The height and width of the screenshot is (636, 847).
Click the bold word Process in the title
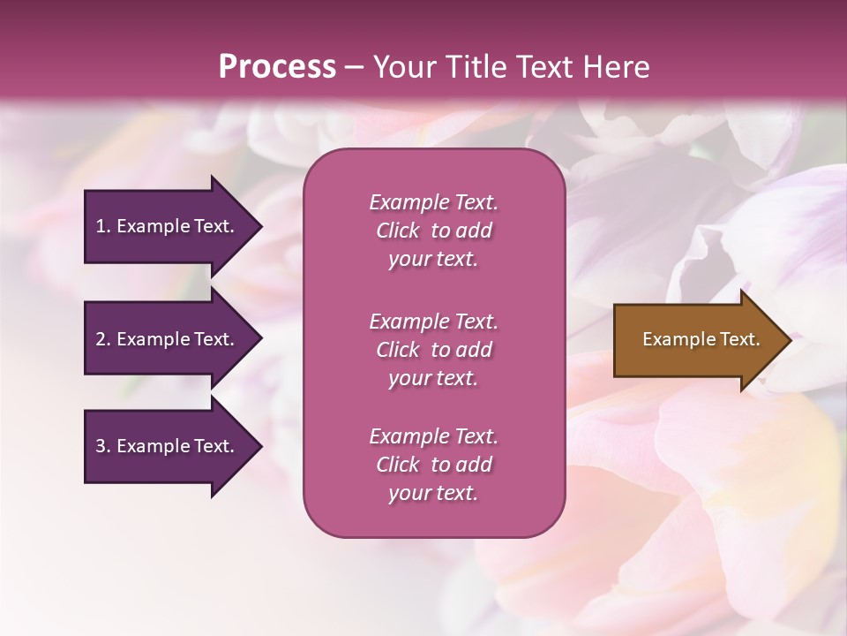pos(277,67)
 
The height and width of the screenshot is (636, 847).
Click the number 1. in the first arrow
pos(103,226)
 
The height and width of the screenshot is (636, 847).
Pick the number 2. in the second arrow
pos(103,339)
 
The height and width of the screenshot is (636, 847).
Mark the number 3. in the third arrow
pos(103,446)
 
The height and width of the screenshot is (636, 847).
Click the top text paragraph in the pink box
pos(433,231)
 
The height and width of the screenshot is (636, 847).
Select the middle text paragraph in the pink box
pos(433,350)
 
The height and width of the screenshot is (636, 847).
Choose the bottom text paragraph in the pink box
pos(433,465)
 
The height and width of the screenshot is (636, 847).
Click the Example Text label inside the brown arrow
pos(701,339)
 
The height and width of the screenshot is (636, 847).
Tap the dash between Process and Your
pos(355,68)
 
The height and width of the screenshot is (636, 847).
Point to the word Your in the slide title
pos(403,67)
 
